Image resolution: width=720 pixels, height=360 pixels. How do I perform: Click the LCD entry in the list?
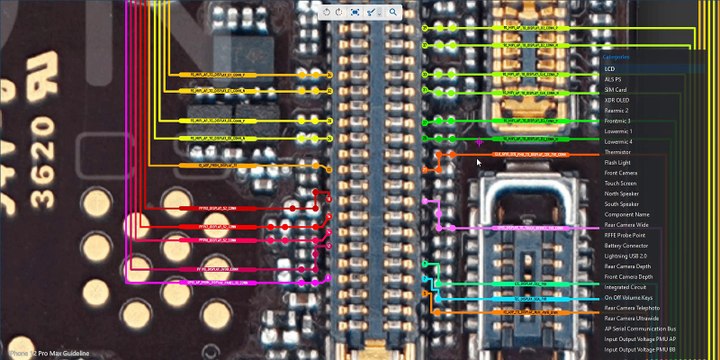click(x=610, y=69)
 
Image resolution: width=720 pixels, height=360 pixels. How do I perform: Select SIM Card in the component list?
click(x=615, y=90)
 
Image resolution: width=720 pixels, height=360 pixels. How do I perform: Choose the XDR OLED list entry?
click(x=616, y=100)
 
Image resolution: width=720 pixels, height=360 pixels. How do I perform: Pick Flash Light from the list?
click(x=617, y=162)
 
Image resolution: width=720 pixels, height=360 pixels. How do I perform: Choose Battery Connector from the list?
click(x=626, y=245)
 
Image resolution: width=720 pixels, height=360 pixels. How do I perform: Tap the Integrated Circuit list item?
click(x=626, y=287)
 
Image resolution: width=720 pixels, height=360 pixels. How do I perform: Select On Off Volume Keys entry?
click(x=630, y=298)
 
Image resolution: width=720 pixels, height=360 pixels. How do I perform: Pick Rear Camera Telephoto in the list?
click(x=631, y=308)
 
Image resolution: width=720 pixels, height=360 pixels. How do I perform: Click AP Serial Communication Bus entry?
click(x=640, y=329)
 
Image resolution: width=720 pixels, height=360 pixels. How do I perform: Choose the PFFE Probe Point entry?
click(x=623, y=235)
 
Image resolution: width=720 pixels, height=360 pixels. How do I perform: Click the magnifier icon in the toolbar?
click(x=394, y=11)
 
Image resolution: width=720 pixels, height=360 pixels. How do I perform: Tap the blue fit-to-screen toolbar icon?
click(x=355, y=11)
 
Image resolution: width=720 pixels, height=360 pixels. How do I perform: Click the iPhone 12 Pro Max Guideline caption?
click(x=46, y=353)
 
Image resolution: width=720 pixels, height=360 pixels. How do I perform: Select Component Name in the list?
click(x=626, y=214)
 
